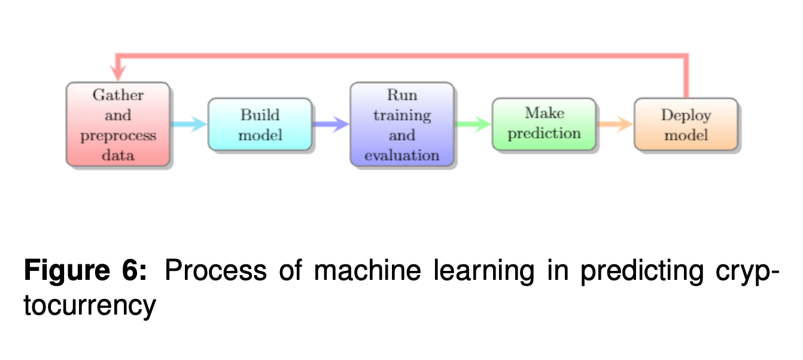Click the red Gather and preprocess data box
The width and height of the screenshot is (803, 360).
tap(118, 124)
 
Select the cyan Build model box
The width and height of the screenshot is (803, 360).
tap(260, 124)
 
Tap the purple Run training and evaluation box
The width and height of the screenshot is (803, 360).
tap(401, 124)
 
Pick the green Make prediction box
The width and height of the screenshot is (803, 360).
tap(544, 124)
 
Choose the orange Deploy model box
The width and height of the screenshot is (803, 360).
tap(686, 124)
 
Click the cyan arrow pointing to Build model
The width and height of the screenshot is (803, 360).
tap(189, 124)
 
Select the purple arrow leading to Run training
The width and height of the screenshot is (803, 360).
tap(331, 124)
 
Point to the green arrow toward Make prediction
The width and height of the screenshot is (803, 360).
tap(473, 124)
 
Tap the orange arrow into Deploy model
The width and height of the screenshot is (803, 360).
tap(615, 124)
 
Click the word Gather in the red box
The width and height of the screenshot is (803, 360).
tap(118, 95)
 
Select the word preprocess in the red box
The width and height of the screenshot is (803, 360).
tap(118, 135)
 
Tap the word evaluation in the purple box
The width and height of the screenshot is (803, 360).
tap(401, 155)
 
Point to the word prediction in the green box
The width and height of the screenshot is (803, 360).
tap(544, 133)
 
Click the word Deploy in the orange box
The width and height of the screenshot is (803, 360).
tap(686, 115)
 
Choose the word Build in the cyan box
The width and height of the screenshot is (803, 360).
tap(260, 115)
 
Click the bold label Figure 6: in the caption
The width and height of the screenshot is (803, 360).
tap(85, 272)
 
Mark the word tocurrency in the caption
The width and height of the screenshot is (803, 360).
tap(90, 306)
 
